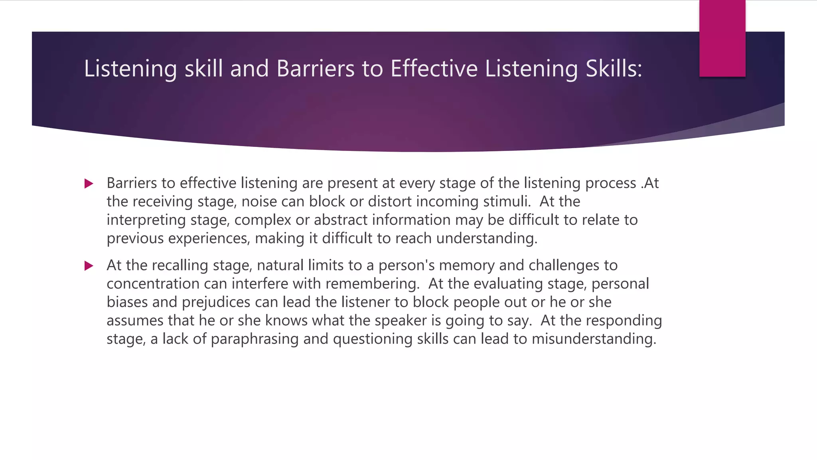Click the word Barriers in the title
(315, 69)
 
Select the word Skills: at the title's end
(614, 69)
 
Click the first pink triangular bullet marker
(89, 184)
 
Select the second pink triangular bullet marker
(89, 266)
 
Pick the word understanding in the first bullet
(486, 239)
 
